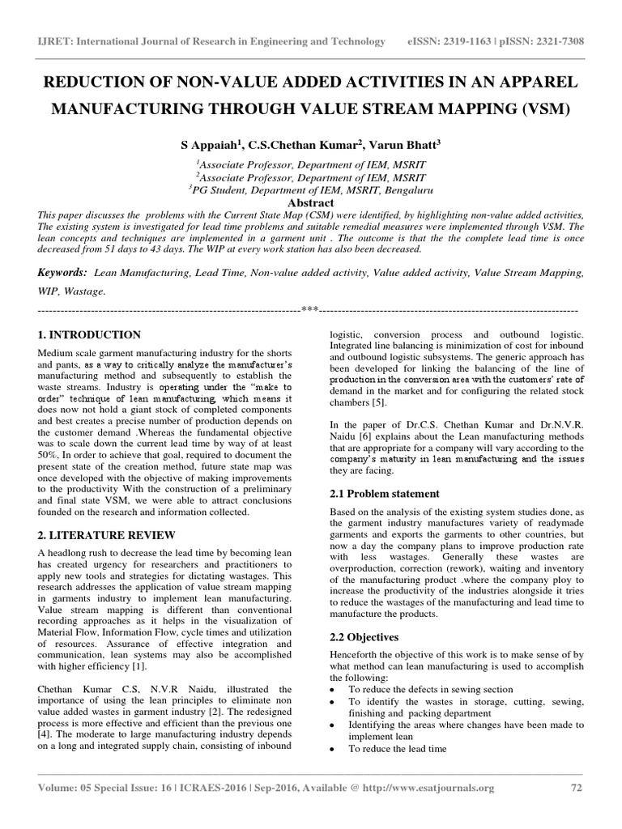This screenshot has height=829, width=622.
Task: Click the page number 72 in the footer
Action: (575, 787)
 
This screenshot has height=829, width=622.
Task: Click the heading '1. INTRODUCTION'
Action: (90, 334)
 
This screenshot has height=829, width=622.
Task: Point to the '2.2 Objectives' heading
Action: (364, 637)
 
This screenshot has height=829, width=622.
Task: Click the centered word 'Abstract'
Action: (311, 202)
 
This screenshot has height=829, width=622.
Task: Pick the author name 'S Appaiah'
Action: (207, 146)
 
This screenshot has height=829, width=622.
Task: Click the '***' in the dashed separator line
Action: (309, 310)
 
